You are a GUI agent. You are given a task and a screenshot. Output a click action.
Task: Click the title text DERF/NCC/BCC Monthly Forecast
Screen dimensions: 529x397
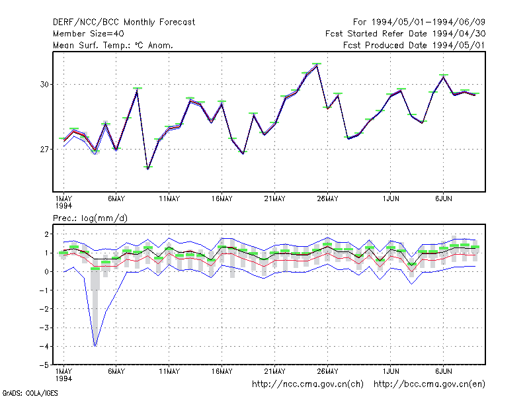124,22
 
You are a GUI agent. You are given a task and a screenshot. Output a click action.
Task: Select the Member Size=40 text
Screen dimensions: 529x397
89,34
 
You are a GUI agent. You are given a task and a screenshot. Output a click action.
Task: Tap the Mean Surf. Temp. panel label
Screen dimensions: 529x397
113,45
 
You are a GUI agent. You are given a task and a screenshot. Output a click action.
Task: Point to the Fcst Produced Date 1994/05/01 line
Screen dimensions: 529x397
414,45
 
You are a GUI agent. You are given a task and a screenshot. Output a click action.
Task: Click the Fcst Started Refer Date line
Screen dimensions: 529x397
405,34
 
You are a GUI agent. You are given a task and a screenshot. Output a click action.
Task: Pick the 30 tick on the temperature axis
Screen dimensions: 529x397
44,85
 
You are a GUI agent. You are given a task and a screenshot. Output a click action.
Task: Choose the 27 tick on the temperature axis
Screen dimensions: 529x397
44,150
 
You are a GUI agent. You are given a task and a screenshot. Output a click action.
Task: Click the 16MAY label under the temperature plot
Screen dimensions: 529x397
222,199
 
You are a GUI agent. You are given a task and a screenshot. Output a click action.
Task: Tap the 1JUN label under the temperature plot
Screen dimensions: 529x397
391,199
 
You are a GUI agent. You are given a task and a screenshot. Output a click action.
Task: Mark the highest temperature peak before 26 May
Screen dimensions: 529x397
317,64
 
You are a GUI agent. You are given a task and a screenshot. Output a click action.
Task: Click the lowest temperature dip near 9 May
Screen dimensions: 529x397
147,168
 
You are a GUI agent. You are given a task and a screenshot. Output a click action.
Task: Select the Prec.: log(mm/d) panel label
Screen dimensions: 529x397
90,218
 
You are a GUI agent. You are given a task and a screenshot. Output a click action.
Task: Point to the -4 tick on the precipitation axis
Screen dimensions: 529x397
44,346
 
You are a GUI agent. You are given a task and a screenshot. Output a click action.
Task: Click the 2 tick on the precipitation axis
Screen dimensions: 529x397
46,234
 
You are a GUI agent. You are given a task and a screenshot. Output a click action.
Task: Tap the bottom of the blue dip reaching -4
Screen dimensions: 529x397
95,346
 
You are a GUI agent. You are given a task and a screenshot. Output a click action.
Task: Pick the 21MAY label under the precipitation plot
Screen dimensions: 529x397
274,371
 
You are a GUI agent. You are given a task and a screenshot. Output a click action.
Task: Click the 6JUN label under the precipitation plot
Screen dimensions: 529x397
443,371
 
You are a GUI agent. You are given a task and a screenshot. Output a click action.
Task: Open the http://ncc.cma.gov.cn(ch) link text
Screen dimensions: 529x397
308,384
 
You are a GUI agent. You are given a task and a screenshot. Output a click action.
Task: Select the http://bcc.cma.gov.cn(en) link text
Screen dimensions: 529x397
429,384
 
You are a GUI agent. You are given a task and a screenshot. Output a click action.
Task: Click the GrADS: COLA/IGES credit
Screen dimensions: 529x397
30,393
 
